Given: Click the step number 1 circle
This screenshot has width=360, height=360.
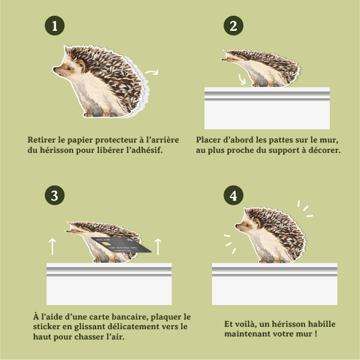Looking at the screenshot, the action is click(x=54, y=26).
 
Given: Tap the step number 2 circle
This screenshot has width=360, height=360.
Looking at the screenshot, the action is click(x=234, y=26).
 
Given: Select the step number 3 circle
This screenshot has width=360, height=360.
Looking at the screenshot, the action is click(x=54, y=195).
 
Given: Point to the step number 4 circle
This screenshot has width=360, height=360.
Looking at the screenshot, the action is click(x=234, y=195).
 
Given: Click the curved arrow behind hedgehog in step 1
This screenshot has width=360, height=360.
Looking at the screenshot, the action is click(x=152, y=72).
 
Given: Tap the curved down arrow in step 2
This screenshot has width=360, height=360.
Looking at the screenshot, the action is click(x=241, y=80).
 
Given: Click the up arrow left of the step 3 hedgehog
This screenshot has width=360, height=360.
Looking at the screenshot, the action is click(x=53, y=246).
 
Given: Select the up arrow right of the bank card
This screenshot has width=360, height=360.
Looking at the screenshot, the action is click(x=158, y=246).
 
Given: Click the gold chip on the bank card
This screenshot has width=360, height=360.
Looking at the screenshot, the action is click(x=106, y=243).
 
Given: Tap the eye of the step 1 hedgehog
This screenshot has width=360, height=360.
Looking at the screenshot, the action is click(x=69, y=68).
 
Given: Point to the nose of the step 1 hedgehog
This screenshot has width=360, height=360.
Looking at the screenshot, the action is click(x=54, y=68).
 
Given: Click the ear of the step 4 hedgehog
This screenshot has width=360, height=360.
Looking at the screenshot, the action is click(x=257, y=222).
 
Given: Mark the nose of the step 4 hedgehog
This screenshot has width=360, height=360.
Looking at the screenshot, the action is click(x=237, y=226).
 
